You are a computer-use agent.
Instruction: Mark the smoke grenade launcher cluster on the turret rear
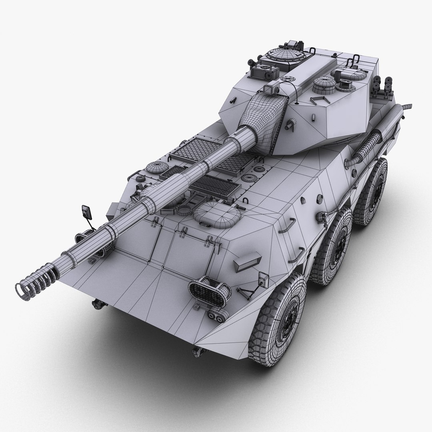[x=382, y=86]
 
